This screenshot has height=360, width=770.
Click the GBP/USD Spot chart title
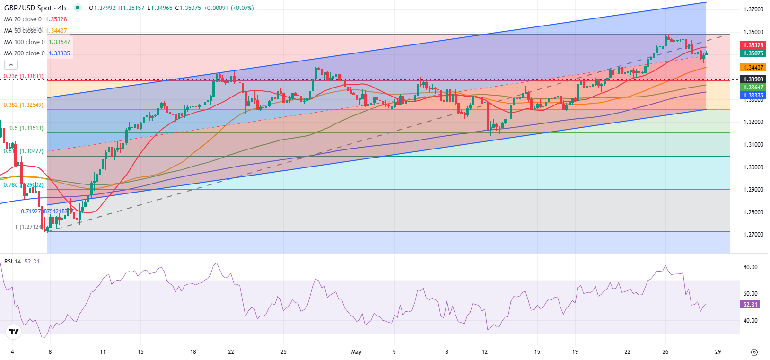(x=35, y=8)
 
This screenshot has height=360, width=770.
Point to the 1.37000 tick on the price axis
(x=753, y=9)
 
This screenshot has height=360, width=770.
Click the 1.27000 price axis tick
(x=753, y=235)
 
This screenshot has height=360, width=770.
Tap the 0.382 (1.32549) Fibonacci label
(x=23, y=105)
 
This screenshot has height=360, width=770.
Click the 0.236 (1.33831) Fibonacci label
(x=23, y=76)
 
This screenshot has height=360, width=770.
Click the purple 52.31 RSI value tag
(x=750, y=305)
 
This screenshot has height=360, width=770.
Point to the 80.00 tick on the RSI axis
(x=750, y=267)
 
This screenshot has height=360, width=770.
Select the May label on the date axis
(x=356, y=352)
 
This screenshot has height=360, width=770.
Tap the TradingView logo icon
(x=14, y=332)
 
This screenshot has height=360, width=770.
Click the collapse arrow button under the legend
(x=11, y=65)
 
